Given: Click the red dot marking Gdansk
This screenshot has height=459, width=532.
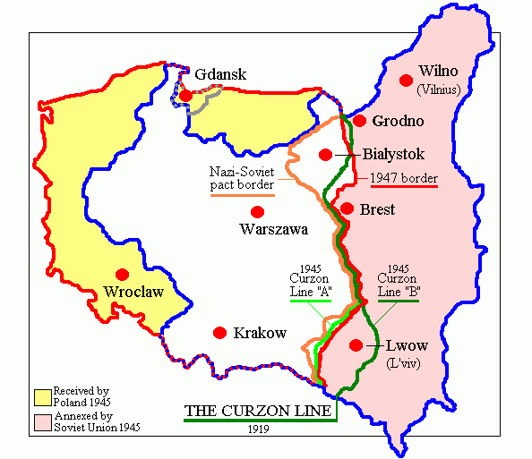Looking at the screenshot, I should tap(184, 95).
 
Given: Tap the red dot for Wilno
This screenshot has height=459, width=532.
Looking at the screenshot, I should tap(406, 81).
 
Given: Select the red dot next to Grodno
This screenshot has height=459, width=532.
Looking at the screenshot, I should tap(359, 121).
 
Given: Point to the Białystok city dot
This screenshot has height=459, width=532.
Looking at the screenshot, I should tap(325, 154).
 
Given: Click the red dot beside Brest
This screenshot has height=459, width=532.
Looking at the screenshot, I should tap(348, 208).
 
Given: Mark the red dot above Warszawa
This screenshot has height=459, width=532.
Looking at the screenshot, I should tap(258, 212).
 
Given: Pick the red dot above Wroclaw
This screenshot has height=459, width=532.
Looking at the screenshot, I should tap(123, 274).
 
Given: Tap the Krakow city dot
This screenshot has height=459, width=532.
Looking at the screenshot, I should tap(219, 333).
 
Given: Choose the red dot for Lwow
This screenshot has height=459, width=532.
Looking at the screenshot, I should tap(356, 344).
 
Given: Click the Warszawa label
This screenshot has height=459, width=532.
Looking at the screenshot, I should tap(273, 229).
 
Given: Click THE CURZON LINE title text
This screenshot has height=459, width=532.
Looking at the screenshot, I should tap(260, 412).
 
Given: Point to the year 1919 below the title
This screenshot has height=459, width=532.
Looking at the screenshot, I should tap(261, 429).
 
